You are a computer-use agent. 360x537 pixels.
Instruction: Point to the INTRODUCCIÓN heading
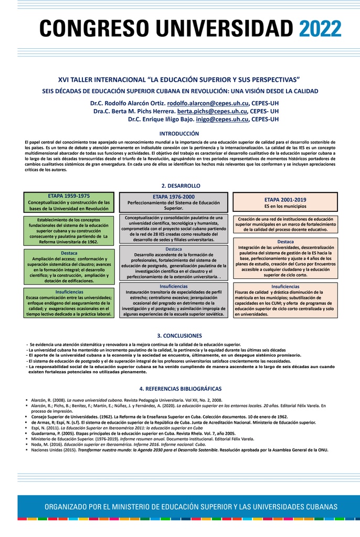click(179, 134)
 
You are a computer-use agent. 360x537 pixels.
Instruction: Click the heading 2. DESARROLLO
click(180, 186)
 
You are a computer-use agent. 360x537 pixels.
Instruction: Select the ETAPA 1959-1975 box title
click(69, 196)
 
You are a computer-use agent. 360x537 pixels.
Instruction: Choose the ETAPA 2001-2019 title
click(285, 199)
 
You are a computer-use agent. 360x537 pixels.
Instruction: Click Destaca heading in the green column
click(69, 253)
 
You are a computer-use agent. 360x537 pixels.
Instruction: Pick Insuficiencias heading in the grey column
click(174, 286)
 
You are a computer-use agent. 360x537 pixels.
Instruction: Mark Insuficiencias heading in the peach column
click(285, 286)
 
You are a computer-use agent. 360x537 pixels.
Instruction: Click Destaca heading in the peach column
click(285, 242)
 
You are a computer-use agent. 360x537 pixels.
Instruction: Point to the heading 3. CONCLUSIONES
click(179, 336)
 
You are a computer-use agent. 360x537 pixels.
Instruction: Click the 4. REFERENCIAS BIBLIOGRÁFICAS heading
click(180, 389)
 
